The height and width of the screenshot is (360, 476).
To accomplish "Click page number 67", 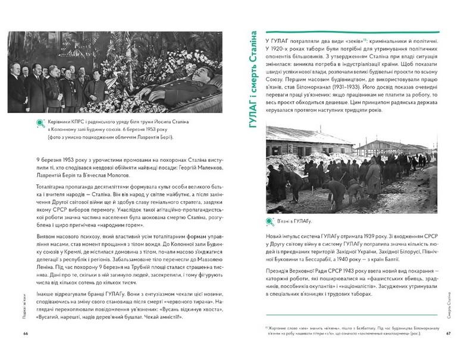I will pos(449,333).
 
